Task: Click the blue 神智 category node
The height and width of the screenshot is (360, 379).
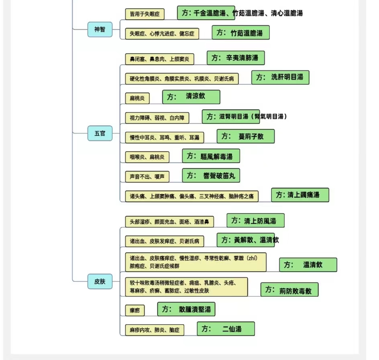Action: tap(100, 29)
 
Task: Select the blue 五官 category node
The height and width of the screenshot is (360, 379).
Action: tap(100, 133)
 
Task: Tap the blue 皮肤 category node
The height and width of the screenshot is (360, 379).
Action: tap(100, 281)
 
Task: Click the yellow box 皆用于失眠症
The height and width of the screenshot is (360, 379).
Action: tap(145, 14)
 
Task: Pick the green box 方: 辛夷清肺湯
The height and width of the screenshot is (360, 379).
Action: tap(236, 58)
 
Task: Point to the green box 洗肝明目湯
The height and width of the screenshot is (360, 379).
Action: tap(280, 78)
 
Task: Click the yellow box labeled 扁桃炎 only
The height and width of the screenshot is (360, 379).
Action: tap(137, 98)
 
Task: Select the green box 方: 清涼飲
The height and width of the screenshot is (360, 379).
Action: tap(191, 97)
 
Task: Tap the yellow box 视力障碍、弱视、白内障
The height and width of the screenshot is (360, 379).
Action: tap(157, 118)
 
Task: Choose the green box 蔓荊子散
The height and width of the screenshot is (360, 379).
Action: tap(246, 136)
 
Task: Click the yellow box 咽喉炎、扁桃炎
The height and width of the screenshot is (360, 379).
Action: tap(147, 157)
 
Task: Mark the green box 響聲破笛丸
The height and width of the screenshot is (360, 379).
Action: tap(211, 176)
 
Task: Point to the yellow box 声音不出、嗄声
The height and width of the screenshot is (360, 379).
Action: tap(147, 177)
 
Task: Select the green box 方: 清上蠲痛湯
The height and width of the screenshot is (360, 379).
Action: tap(300, 195)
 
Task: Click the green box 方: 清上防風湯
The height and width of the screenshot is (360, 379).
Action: tap(255, 221)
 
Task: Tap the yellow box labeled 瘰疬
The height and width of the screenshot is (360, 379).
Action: tap(135, 311)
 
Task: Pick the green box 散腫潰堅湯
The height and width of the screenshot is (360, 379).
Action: tap(186, 309)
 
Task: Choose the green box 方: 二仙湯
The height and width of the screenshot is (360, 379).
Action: tap(226, 329)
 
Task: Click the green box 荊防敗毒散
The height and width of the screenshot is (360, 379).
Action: tap(289, 290)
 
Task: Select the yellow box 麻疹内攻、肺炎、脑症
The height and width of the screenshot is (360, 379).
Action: tap(155, 330)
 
